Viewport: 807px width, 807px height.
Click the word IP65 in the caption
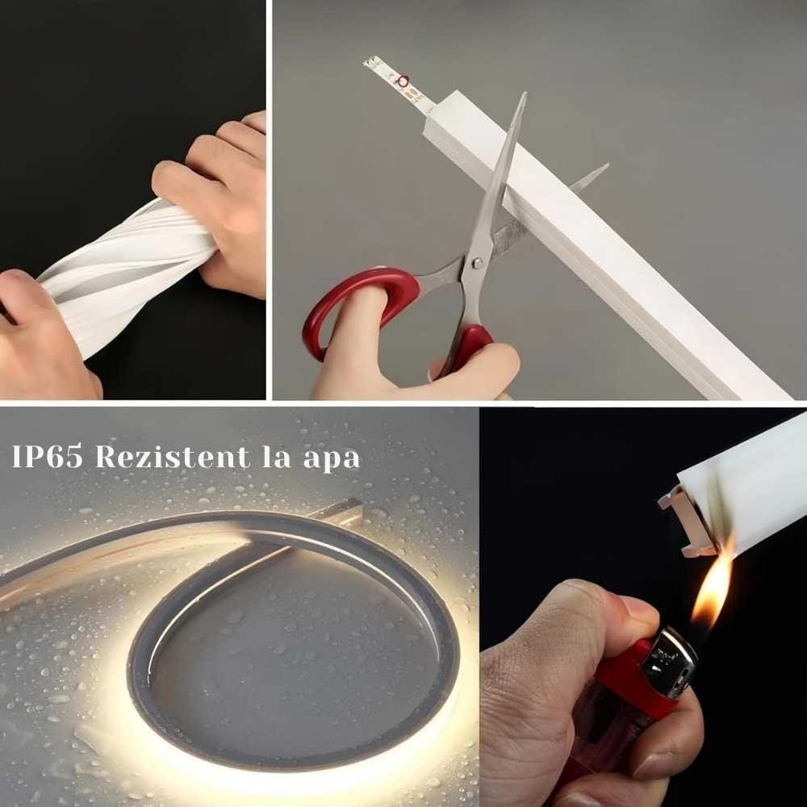[x=47, y=456]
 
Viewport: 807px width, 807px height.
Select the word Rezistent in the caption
[x=173, y=456]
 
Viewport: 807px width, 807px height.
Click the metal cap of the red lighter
[x=669, y=663]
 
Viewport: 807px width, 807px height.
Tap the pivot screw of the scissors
[x=477, y=263]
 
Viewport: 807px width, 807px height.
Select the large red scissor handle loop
[x=360, y=309]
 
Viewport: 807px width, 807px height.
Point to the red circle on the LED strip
[x=403, y=81]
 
